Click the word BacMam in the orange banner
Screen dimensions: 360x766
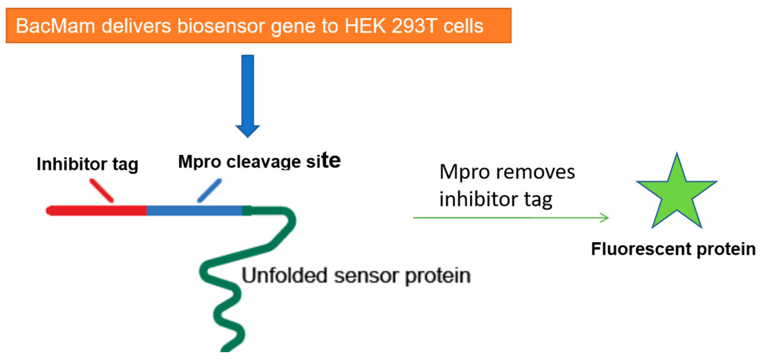click(55, 26)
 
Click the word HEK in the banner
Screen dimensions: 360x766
click(365, 26)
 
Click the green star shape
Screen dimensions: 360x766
click(677, 193)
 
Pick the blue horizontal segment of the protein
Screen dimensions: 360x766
click(195, 211)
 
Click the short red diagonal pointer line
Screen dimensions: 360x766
click(101, 190)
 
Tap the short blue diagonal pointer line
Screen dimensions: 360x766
click(210, 190)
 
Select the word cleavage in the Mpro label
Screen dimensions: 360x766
click(264, 162)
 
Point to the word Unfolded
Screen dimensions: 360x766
click(284, 275)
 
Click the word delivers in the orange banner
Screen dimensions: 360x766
click(136, 26)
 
